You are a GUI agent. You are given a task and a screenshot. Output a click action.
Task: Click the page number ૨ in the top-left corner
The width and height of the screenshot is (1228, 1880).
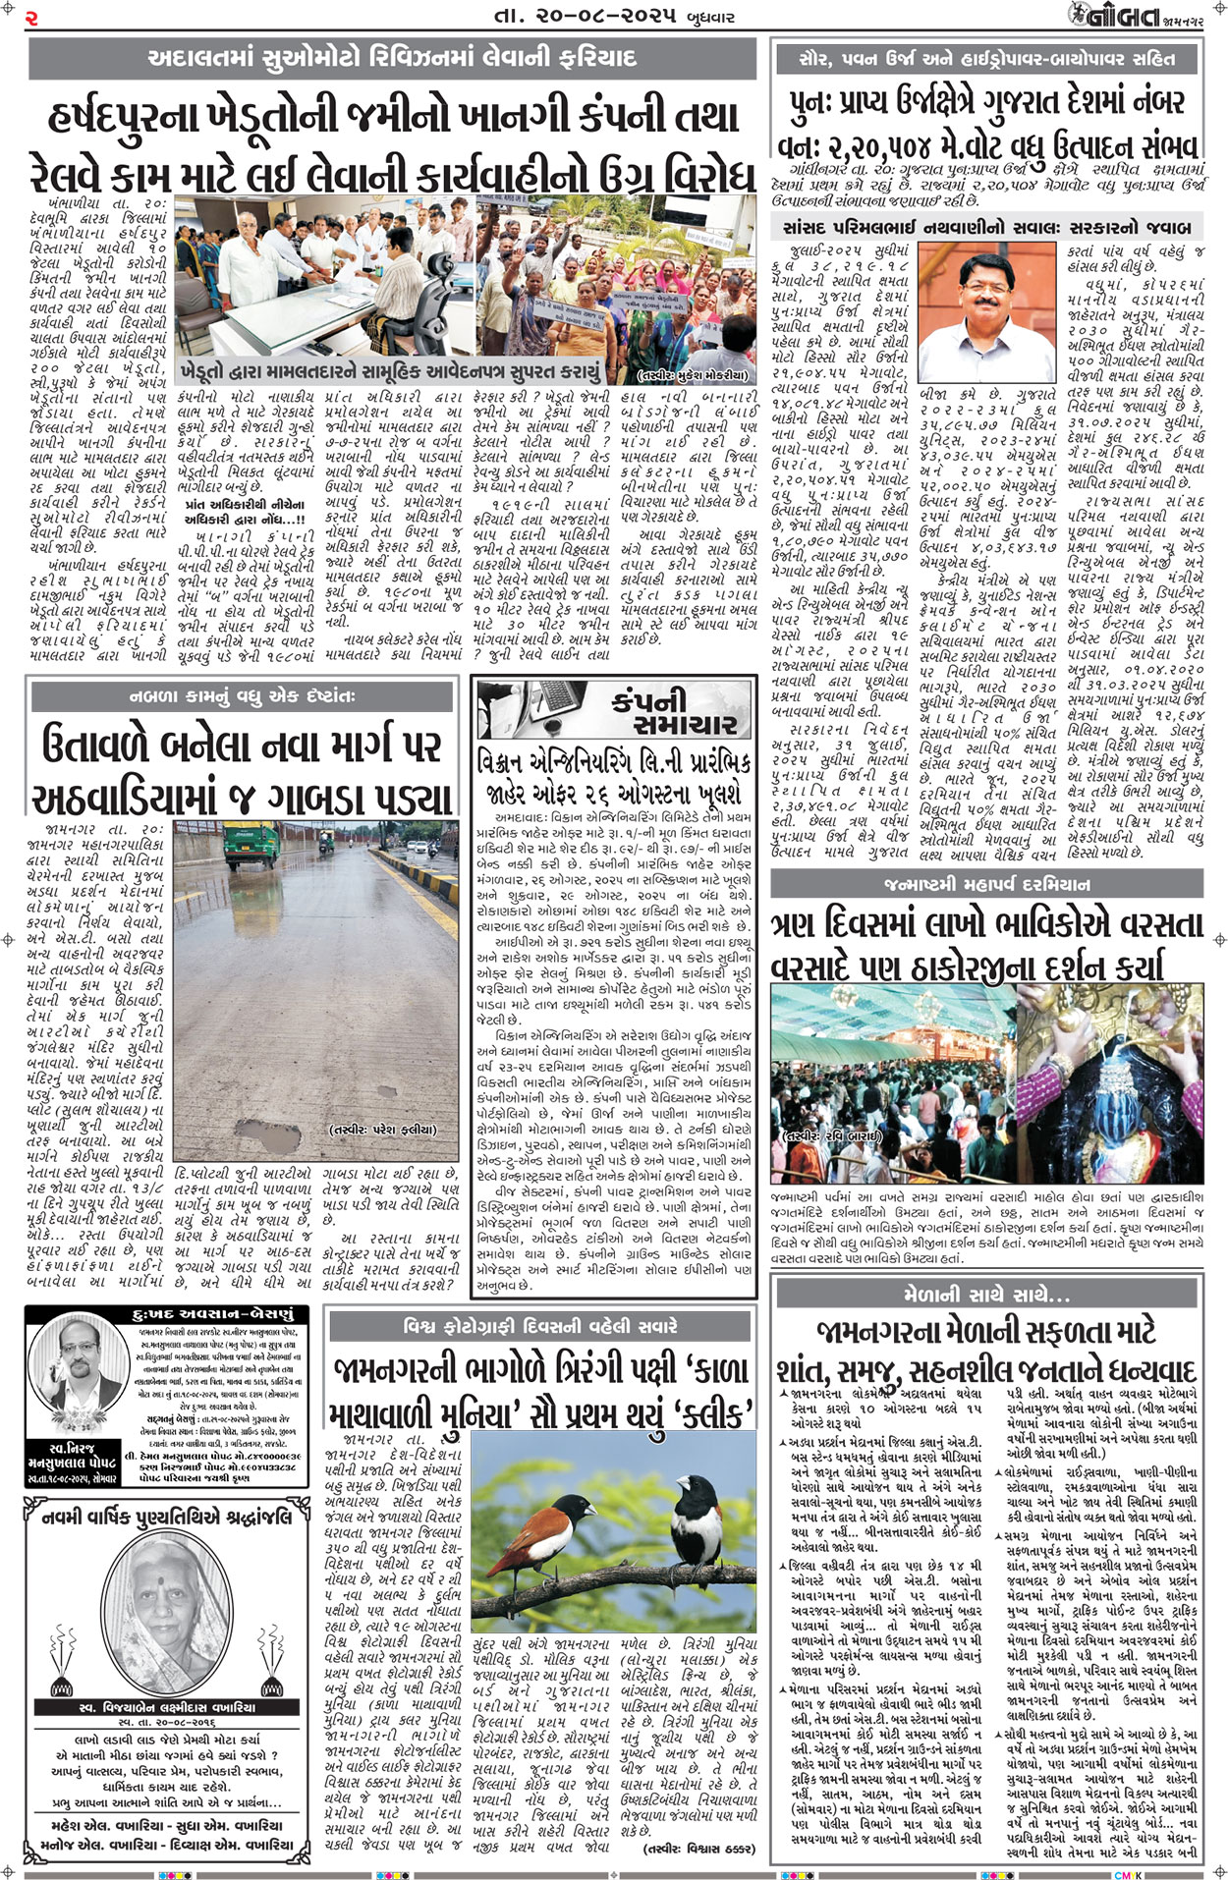[x=32, y=17]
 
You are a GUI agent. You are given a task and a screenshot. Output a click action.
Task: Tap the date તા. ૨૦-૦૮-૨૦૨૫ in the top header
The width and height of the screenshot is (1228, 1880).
[x=586, y=17]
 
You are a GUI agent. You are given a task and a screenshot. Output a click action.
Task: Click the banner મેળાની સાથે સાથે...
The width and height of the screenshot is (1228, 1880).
[x=986, y=1295]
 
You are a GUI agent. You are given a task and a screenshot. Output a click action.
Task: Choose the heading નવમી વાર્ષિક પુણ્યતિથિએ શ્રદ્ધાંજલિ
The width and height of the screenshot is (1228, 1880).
[x=167, y=1518]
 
